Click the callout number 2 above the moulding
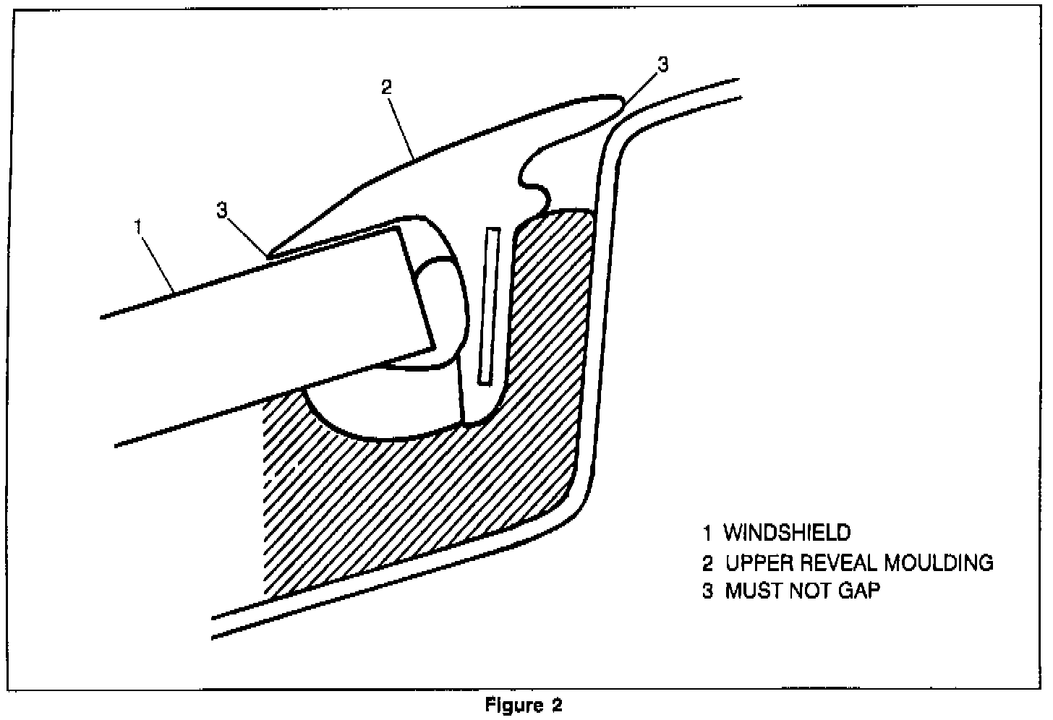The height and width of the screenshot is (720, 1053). pyautogui.click(x=386, y=87)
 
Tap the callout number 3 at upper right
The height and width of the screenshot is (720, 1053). pyautogui.click(x=662, y=64)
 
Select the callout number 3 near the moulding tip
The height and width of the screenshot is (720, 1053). pyautogui.click(x=223, y=210)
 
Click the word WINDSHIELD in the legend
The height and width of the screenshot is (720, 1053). pyautogui.click(x=787, y=533)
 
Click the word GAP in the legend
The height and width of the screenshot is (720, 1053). pyautogui.click(x=860, y=591)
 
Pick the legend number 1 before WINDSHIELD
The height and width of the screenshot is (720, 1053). pyautogui.click(x=707, y=533)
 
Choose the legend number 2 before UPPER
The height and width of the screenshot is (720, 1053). pyautogui.click(x=707, y=562)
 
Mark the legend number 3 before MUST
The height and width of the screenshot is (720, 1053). pyautogui.click(x=707, y=591)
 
